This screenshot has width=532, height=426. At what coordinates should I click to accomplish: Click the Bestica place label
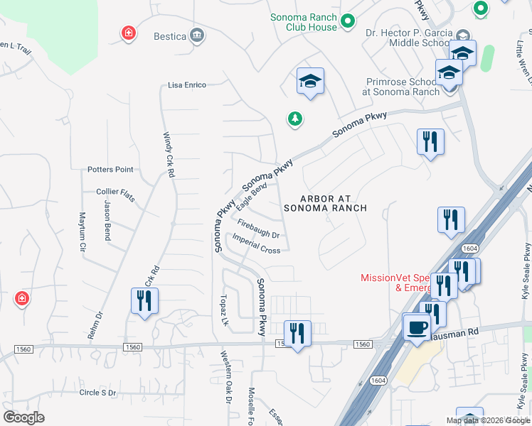coord(169,35)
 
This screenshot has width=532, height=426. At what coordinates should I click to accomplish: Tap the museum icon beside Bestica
coord(197,35)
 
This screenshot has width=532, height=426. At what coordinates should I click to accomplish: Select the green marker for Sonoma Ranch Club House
coord(348,22)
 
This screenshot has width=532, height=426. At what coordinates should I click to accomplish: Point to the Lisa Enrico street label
coord(187,85)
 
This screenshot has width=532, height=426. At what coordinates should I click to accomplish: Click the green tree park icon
coord(294,119)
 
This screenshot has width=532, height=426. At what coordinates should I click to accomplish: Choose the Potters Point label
coord(110,170)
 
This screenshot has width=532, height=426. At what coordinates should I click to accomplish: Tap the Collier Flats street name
coord(115,192)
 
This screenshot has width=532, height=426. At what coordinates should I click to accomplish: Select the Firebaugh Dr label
coord(258,229)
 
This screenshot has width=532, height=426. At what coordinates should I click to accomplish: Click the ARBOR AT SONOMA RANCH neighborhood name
coord(325,204)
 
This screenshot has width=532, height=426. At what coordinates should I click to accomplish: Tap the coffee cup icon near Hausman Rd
coord(417,328)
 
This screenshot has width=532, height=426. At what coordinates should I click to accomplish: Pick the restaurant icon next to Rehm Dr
coord(144,300)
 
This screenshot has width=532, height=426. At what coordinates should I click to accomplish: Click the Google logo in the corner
coord(23,417)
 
